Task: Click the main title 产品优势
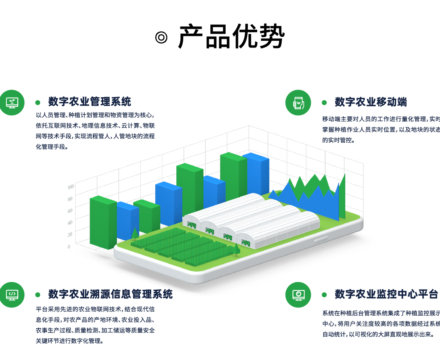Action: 231,37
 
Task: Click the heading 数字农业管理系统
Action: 90,102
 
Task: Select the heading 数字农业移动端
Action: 371,102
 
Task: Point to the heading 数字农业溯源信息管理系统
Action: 110,294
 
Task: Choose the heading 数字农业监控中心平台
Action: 386,294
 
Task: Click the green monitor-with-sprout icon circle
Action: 12,103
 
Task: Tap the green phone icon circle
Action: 298,103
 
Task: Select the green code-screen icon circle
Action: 12,295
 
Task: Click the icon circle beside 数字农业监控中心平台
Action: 298,295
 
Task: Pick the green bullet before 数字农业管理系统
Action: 38,102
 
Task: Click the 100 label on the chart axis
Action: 70,187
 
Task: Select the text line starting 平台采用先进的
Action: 95,309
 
